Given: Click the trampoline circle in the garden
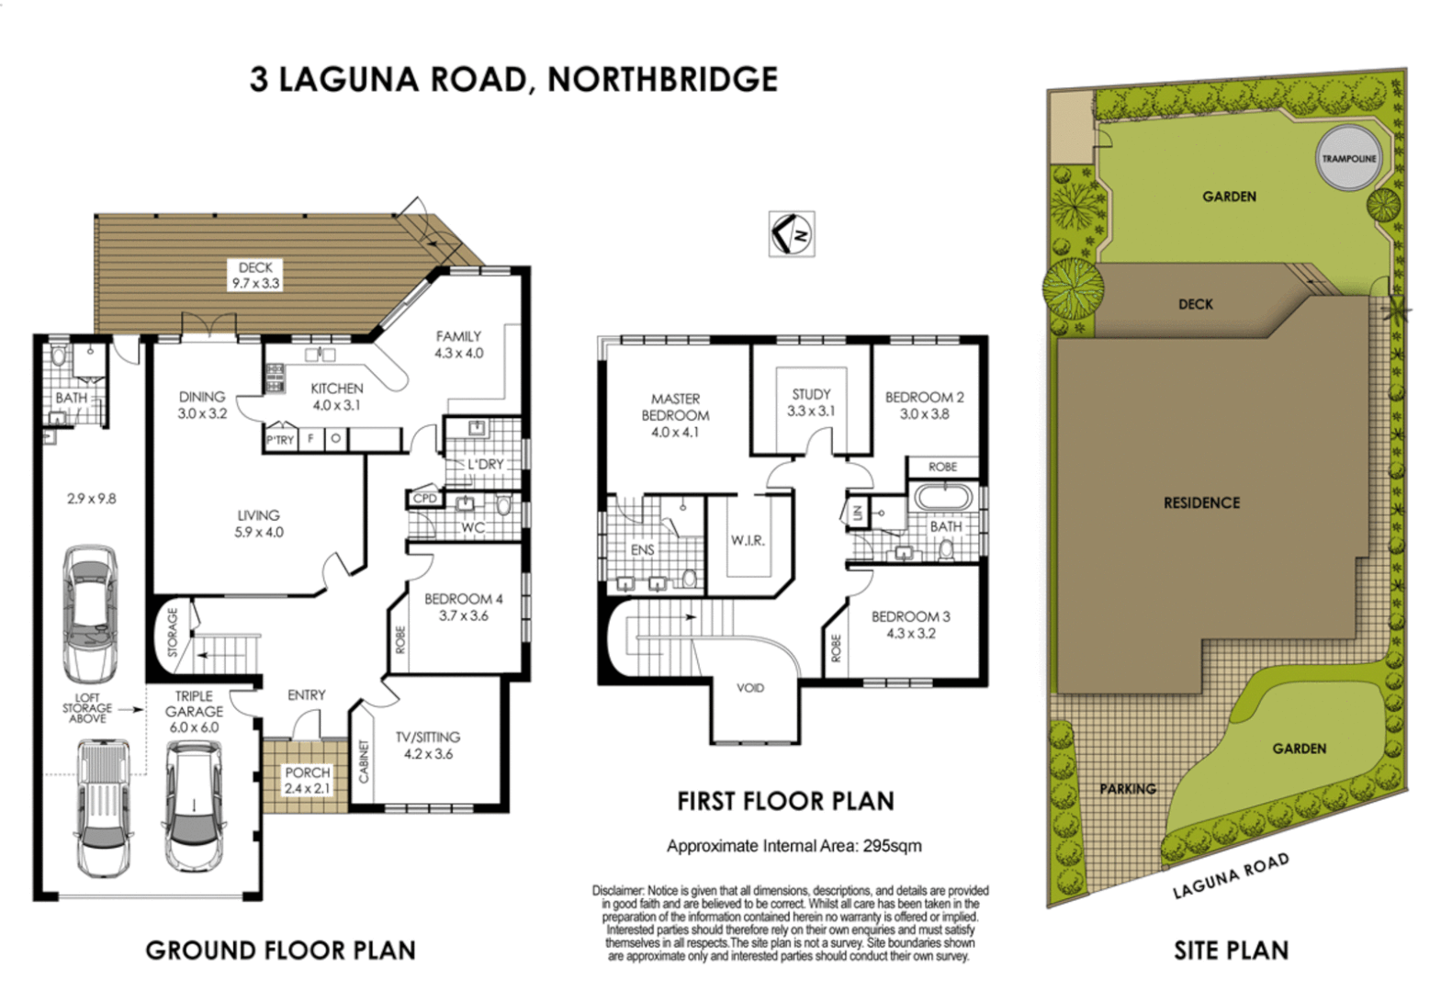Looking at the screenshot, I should coord(1348,158).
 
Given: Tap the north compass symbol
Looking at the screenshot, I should coord(791,234).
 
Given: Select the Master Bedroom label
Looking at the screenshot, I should coord(675,415).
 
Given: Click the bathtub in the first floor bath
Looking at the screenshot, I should coord(942,499).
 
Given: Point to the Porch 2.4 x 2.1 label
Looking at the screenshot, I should coord(307,781).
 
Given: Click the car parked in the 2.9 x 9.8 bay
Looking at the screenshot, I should coord(89,612).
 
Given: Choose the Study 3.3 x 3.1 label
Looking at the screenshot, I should coord(811,402).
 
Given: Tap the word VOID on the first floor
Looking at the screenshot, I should coord(749,688).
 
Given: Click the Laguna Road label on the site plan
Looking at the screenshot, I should coord(1231,876).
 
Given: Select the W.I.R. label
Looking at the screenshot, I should coord(748,540).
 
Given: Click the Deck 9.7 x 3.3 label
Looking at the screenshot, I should coord(255,276).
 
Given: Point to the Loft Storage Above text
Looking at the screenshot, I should coord(87,708).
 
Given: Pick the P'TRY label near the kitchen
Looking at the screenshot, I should coord(280,440).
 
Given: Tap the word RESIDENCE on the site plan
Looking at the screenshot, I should coord(1201,502).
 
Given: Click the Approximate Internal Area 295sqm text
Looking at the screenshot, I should coord(794,846).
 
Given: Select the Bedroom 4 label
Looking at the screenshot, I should coord(463,607).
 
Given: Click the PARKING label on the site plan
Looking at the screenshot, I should coord(1128,788).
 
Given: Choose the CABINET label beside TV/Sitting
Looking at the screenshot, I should coord(363,761).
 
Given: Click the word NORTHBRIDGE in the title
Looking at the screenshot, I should coord(662,79).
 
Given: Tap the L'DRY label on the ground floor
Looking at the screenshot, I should coord(486,465).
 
